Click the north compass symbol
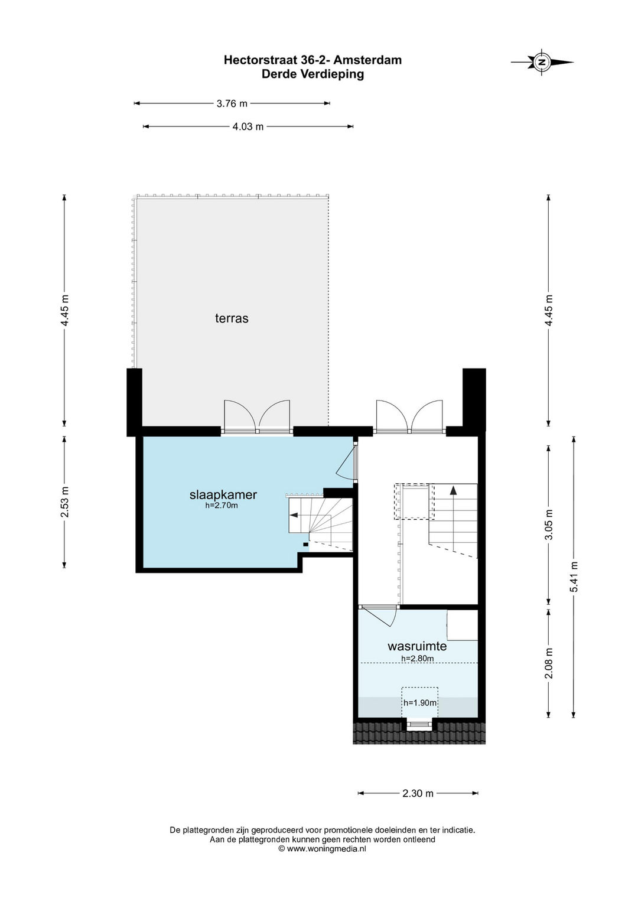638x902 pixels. pos(542,62)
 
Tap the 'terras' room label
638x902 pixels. pos(232,318)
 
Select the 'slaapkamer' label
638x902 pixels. pos(223,495)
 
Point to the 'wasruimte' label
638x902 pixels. pos(417,646)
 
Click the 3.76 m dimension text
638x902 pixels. pos(232,103)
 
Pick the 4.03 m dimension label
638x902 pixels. pos(248,126)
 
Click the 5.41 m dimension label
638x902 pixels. pos(574,577)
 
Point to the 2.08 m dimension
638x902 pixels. pos(549,663)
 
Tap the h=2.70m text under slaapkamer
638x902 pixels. pos(222,506)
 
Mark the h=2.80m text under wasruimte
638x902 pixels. pos(417,659)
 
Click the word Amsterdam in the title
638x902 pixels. pos(367,60)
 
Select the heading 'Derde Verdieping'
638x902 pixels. pos(313,74)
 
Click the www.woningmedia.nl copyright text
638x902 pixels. pos(322,849)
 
